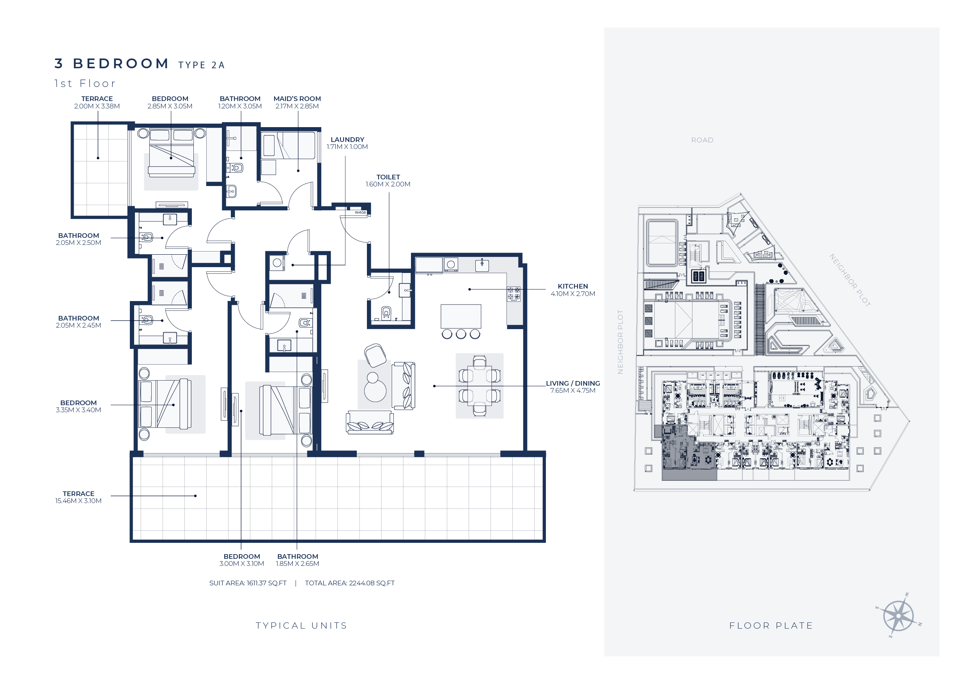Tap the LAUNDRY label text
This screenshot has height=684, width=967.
pos(347,139)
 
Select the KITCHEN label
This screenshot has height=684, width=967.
pos(573,286)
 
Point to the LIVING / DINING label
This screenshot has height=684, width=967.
pos(573,383)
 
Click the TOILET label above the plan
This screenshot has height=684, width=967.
pos(388,177)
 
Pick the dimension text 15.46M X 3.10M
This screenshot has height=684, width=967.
pos(78,501)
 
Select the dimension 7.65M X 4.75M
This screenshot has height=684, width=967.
pos(573,390)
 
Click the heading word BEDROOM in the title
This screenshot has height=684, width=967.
pos(121,64)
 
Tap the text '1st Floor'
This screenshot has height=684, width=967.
pos(85,83)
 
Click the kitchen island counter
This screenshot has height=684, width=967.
pos(461,316)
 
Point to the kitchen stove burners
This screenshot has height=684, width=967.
pos(514,294)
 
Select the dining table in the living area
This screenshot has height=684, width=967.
pos(479,386)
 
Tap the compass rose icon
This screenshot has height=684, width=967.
pos(898,616)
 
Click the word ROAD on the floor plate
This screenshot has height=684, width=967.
pos(702,140)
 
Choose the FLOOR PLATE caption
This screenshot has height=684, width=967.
pos(771,626)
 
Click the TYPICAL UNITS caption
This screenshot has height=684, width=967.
pos(301,626)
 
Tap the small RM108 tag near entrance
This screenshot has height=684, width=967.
pos(360,213)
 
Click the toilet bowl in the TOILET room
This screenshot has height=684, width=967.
pos(386,313)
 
